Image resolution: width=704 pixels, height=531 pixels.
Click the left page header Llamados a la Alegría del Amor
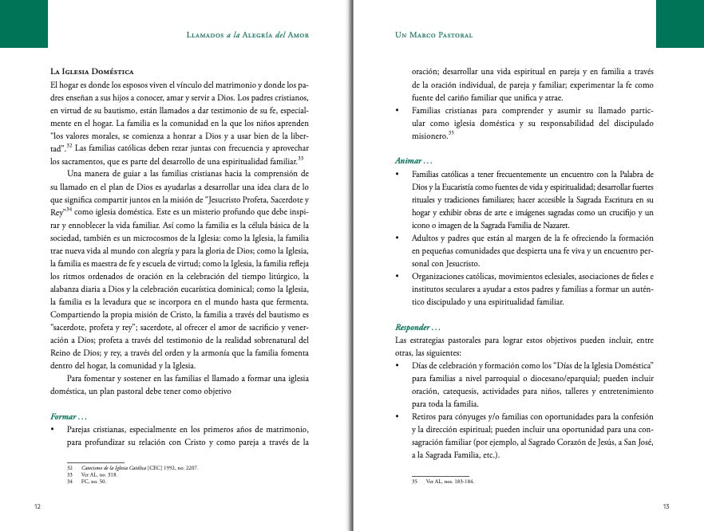click(x=247, y=35)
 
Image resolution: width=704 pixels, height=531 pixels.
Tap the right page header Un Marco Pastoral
click(x=434, y=35)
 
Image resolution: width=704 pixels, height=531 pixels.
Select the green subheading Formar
click(x=69, y=417)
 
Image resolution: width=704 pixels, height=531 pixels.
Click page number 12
click(x=38, y=506)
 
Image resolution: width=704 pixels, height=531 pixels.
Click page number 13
click(x=666, y=506)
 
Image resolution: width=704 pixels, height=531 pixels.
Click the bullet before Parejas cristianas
click(x=53, y=431)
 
